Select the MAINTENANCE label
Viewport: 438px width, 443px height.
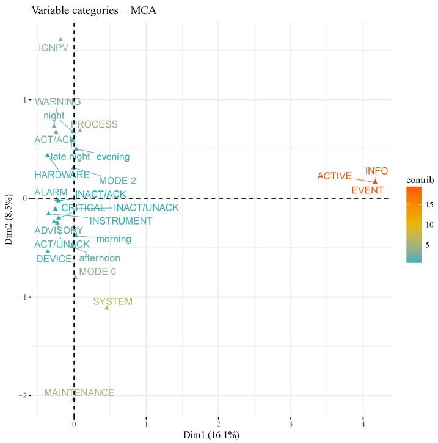pos(79,393)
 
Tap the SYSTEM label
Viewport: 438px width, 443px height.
pos(112,302)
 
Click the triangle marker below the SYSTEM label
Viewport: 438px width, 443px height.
pos(107,308)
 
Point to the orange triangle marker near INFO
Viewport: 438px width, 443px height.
pos(375,181)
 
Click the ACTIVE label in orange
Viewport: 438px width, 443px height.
pos(335,176)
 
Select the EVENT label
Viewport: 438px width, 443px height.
pos(368,190)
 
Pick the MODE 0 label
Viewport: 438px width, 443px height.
pos(97,272)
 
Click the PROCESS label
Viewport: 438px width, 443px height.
pos(95,124)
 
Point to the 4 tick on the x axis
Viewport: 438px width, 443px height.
pos(363,424)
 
